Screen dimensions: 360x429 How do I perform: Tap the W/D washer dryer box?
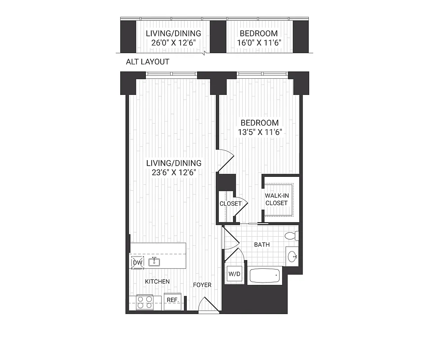pyautogui.click(x=234, y=274)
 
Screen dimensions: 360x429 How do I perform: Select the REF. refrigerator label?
pyautogui.click(x=172, y=300)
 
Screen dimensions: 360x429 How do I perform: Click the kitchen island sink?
pyautogui.click(x=154, y=261)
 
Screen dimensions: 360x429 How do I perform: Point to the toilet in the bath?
pyautogui.click(x=291, y=235)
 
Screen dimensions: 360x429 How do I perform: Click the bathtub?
pyautogui.click(x=265, y=275)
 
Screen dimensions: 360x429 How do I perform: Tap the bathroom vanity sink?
pyautogui.click(x=293, y=256)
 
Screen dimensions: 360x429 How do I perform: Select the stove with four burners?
pyautogui.click(x=145, y=301)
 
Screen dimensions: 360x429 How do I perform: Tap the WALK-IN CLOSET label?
pyautogui.click(x=276, y=199)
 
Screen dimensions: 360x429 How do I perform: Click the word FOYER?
pyautogui.click(x=202, y=285)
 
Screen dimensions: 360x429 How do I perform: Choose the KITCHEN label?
pyautogui.click(x=157, y=281)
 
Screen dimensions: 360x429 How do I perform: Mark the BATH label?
pyautogui.click(x=262, y=245)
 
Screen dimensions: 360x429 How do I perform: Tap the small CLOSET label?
pyautogui.click(x=230, y=203)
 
